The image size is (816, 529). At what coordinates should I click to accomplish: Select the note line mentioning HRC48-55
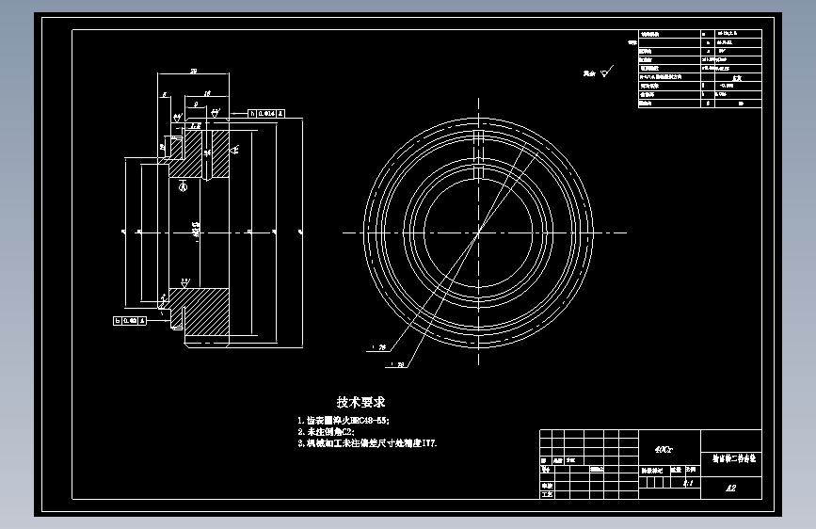click(344, 420)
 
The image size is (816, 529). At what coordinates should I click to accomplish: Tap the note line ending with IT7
click(367, 442)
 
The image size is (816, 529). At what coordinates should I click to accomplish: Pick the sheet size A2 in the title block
click(730, 489)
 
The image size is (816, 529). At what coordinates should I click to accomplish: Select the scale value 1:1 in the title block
click(687, 484)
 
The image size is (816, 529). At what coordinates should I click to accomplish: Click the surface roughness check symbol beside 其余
click(607, 70)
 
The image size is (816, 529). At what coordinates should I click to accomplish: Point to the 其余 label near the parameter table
click(589, 72)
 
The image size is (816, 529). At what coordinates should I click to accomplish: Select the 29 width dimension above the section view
click(193, 71)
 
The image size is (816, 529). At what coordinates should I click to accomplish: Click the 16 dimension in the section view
click(206, 93)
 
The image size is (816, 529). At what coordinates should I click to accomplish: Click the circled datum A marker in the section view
click(183, 185)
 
